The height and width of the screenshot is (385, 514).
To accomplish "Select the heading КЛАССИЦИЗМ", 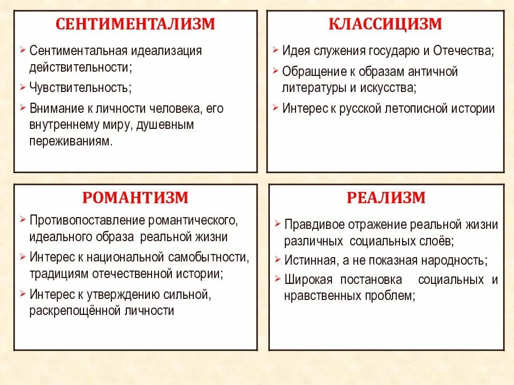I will click(385, 24).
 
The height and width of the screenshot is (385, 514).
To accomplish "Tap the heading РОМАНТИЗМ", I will click(135, 198).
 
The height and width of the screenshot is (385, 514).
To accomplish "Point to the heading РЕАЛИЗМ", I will click(386, 198).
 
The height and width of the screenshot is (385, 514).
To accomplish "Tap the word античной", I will click(433, 71).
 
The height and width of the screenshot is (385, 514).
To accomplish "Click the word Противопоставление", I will click(88, 220).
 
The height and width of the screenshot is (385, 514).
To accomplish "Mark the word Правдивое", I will click(314, 224).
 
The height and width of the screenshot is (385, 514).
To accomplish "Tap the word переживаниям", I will click(71, 142).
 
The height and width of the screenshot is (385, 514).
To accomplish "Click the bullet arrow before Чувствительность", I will click(22, 86).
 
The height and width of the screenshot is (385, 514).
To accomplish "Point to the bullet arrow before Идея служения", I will click(275, 50).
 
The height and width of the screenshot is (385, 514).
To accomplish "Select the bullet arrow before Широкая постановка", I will click(277, 278).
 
